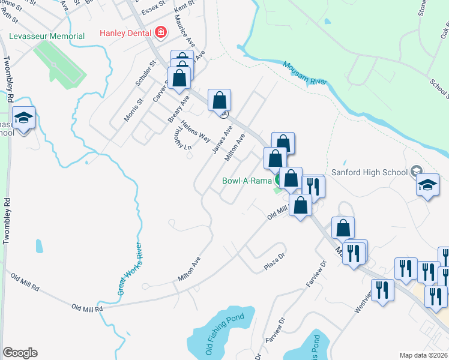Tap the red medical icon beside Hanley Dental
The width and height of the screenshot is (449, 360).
tap(160, 32)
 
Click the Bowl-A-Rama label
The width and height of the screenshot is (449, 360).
tap(247, 180)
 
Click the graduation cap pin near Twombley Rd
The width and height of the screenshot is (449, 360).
tap(24, 118)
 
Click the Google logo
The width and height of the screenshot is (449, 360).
tap(20, 353)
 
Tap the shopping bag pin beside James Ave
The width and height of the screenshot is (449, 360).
tap(220, 100)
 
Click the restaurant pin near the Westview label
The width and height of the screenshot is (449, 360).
tap(382, 291)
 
